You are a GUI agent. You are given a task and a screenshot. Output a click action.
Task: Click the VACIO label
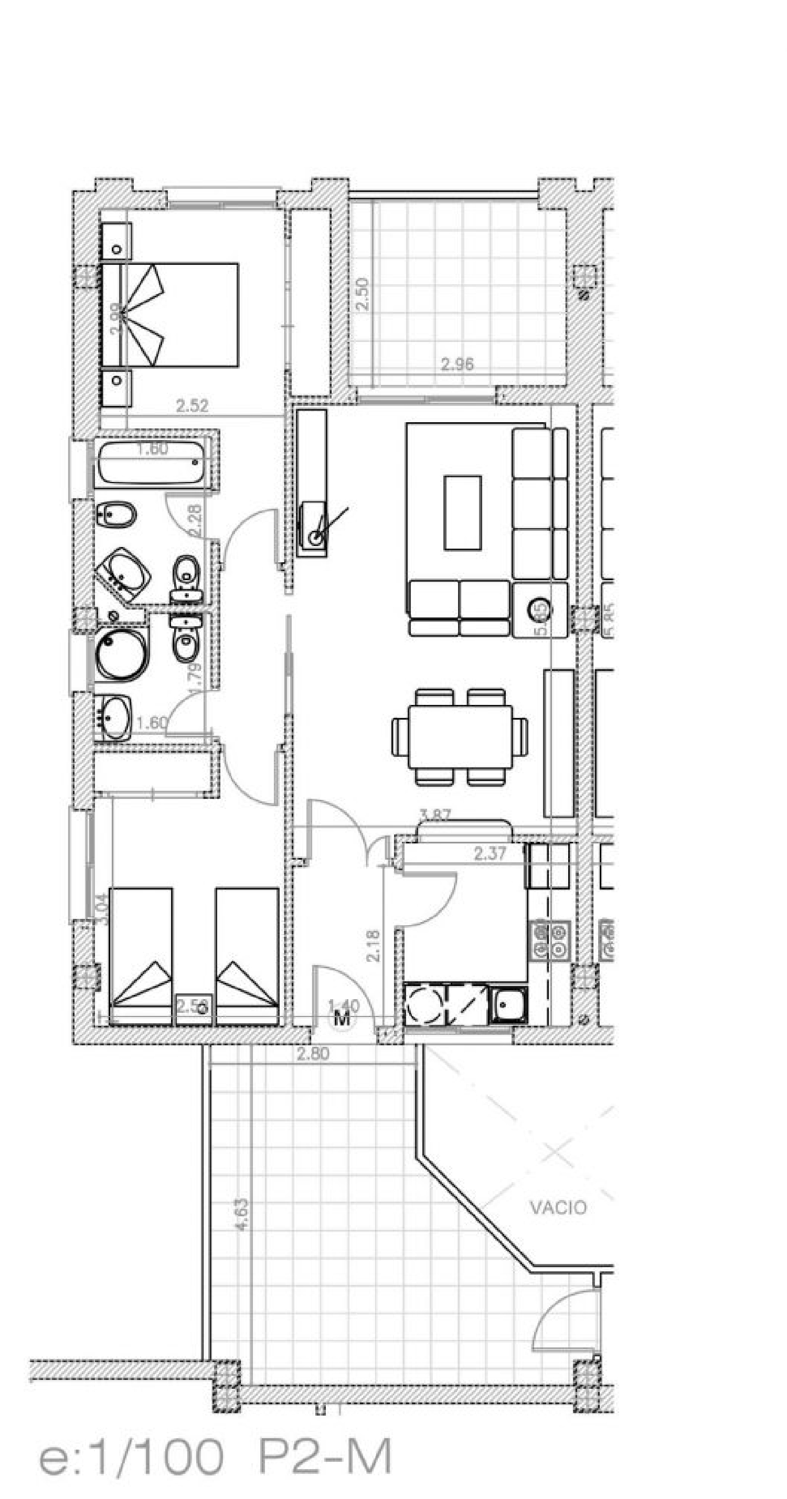point(558,1207)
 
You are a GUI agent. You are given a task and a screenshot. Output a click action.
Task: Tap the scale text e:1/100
point(131,1457)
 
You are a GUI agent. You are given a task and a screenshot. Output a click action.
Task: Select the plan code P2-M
point(324,1457)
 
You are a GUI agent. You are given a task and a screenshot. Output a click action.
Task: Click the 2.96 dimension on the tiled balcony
point(457,365)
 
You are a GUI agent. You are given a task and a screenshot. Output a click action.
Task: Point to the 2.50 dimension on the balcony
point(361,294)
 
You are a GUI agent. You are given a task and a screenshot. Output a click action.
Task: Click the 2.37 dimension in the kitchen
point(490,854)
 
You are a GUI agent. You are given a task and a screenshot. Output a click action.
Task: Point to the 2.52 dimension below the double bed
point(192,405)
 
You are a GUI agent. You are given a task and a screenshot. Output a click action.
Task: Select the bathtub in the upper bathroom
point(151,463)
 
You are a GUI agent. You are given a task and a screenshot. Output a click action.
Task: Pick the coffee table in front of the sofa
point(462,512)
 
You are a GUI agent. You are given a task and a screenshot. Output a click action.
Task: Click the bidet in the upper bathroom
point(116,515)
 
